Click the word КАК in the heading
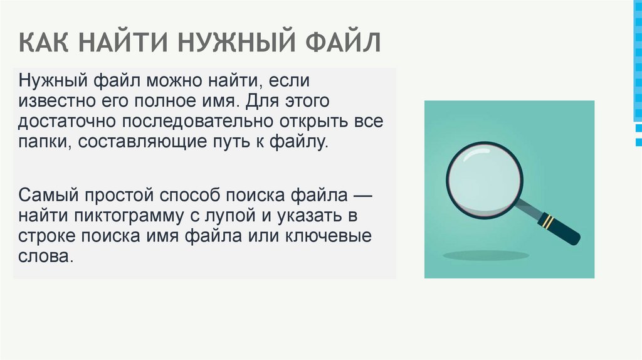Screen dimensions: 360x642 pos(45,44)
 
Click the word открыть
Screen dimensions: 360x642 pos(320,121)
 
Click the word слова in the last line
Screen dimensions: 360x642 pos(45,257)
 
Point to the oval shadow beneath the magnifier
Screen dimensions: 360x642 pos(486,256)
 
